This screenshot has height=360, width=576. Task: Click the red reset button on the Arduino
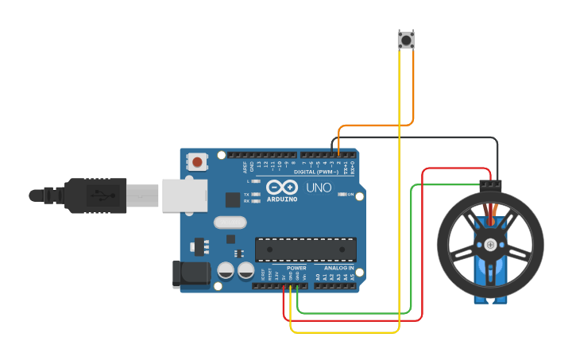click(x=197, y=163)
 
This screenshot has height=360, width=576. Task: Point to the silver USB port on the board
click(x=184, y=195)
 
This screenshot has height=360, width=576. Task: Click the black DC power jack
click(x=191, y=274)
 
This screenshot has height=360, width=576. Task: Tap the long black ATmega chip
click(x=305, y=249)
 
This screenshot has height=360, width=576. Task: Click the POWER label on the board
click(x=296, y=268)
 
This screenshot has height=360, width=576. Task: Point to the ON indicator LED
click(x=341, y=194)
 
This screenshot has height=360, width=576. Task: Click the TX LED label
click(x=246, y=194)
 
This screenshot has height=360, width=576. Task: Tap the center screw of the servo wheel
click(x=490, y=244)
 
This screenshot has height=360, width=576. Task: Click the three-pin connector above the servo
click(x=490, y=184)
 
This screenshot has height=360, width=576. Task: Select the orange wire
click(x=373, y=125)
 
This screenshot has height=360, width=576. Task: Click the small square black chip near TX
click(x=233, y=199)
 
